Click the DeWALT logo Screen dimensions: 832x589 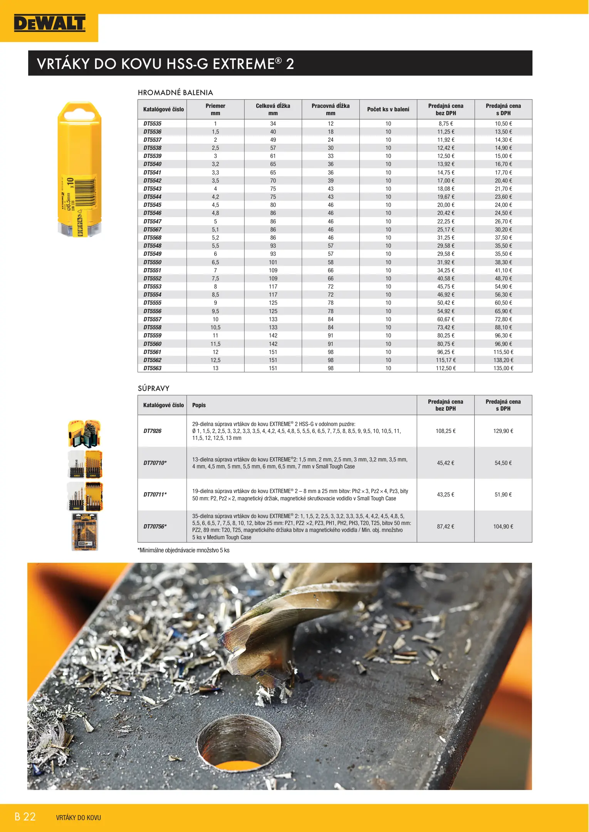click(50, 23)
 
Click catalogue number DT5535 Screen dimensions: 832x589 click(153, 124)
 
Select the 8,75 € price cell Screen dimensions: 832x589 click(446, 124)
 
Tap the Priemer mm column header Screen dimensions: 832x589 click(215, 109)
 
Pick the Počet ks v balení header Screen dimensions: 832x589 click(388, 109)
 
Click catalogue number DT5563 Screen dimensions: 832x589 click(153, 368)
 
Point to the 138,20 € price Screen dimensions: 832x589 click(503, 360)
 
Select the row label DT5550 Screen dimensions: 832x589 click(153, 262)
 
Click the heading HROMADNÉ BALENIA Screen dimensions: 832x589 click(175, 92)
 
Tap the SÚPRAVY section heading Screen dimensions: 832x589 click(154, 388)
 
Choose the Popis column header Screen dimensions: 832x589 click(199, 405)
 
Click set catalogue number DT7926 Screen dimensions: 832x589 click(153, 431)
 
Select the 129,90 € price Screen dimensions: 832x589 click(503, 431)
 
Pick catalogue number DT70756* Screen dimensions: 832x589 click(155, 527)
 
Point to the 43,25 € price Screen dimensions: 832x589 click(446, 495)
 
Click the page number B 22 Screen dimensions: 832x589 click(25, 817)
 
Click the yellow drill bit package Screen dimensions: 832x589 click(80, 169)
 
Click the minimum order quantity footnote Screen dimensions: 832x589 click(183, 550)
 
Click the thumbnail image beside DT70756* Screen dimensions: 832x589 click(85, 532)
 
